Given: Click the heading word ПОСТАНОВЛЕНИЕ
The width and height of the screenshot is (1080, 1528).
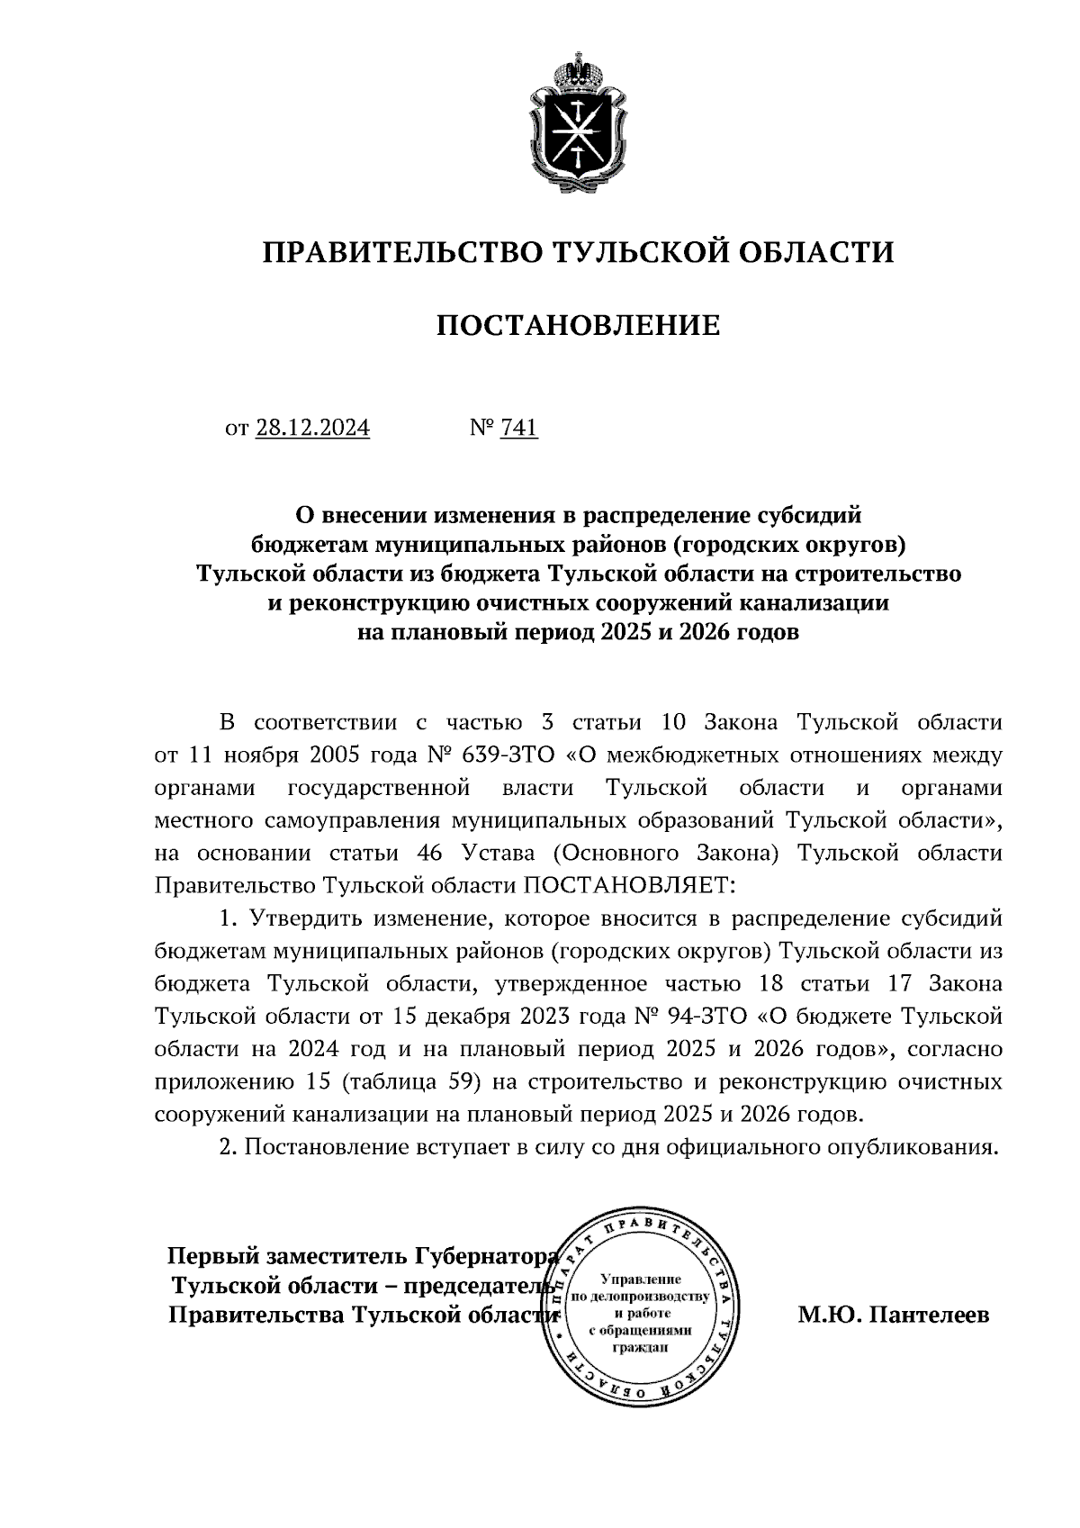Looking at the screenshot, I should [x=578, y=325].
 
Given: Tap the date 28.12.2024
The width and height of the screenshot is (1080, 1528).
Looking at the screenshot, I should [x=312, y=428].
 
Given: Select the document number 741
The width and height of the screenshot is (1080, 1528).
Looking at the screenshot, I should [x=518, y=428].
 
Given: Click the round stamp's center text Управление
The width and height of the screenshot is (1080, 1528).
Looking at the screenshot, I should [x=641, y=1279].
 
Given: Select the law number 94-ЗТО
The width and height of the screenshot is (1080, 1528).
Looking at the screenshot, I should [x=710, y=1017].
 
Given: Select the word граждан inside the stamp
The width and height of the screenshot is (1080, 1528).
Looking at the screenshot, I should [x=640, y=1349].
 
